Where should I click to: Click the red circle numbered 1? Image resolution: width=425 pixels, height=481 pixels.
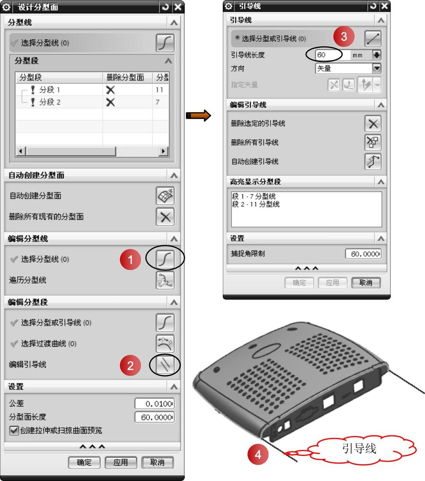(x=130, y=259)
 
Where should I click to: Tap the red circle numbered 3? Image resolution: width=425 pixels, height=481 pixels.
(x=344, y=37)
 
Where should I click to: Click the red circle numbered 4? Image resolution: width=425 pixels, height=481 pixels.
(x=258, y=455)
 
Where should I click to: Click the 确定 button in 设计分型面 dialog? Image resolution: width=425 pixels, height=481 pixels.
(x=84, y=462)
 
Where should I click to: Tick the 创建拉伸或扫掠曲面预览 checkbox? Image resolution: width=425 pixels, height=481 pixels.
(x=14, y=430)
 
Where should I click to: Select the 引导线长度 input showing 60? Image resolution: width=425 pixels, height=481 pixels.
(x=332, y=55)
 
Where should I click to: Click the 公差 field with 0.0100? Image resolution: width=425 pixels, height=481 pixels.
(x=155, y=403)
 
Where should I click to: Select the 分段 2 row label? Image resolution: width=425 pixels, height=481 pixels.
(x=50, y=102)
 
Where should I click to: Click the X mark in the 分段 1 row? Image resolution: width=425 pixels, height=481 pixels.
(x=110, y=90)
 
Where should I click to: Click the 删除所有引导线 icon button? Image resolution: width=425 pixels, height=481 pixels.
(x=373, y=143)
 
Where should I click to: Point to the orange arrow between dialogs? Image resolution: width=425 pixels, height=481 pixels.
(x=198, y=116)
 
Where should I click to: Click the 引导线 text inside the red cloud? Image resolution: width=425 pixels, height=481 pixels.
(x=359, y=448)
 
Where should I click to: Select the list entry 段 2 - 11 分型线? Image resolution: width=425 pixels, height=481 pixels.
(x=256, y=204)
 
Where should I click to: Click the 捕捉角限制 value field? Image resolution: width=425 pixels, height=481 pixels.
(x=363, y=254)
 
